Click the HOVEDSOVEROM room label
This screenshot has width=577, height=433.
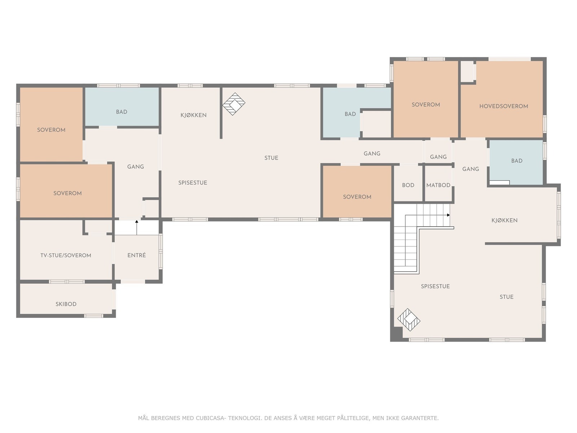tap(504, 106)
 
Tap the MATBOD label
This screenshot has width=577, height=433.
tap(438, 185)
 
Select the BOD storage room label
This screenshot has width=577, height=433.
tap(408, 185)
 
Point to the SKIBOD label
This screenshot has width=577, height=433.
tap(66, 304)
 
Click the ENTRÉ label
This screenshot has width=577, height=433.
tap(136, 255)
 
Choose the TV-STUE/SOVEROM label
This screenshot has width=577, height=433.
tap(66, 255)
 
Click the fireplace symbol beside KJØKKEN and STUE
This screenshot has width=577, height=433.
tap(234, 104)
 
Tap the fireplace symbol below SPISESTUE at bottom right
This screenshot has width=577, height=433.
tap(409, 320)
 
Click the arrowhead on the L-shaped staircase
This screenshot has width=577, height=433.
tap(449, 215)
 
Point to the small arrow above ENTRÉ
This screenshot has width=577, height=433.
tap(137, 227)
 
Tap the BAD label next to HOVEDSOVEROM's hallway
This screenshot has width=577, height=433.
tap(516, 161)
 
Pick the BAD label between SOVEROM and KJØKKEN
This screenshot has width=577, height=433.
tap(122, 112)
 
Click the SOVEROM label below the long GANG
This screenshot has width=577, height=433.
tap(357, 197)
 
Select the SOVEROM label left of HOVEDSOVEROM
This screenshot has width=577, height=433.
tap(426, 105)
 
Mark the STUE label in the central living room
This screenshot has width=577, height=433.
tap(271, 158)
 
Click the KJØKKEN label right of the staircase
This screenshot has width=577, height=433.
tap(505, 220)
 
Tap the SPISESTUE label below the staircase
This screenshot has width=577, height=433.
tap(435, 286)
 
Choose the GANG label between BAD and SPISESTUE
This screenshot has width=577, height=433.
tap(135, 167)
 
